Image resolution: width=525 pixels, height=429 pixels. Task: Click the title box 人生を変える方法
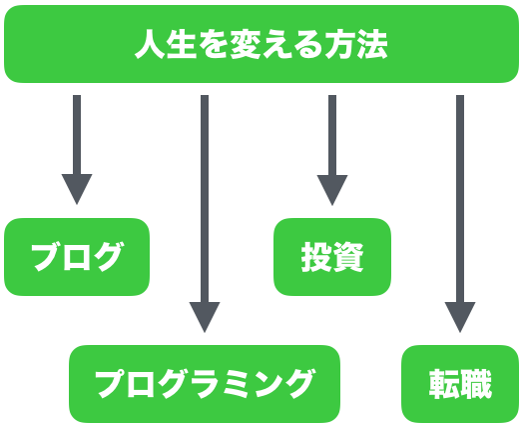[262, 44]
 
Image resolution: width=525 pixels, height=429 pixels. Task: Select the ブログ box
[77, 257]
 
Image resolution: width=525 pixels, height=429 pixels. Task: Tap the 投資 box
[332, 257]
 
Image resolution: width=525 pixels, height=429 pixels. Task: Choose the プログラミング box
[205, 384]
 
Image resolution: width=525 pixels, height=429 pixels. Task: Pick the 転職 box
[460, 384]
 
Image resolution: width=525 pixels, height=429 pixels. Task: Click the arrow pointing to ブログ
[77, 150]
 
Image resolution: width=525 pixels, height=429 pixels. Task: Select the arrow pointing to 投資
[332, 150]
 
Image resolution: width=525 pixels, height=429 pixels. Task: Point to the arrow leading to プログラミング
[205, 214]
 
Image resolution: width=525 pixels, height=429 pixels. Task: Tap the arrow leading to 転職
[460, 214]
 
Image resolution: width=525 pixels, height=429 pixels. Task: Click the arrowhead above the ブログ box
[77, 187]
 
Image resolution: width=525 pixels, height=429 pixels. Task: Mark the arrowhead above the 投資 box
[332, 188]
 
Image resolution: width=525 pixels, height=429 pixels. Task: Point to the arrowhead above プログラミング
[205, 315]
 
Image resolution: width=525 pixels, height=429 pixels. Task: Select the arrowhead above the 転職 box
[460, 315]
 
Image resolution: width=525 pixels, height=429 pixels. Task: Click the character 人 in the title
[150, 44]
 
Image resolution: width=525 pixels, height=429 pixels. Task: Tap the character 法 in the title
[372, 44]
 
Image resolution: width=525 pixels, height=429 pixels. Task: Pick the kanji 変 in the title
[246, 44]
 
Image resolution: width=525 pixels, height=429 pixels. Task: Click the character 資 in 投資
[348, 257]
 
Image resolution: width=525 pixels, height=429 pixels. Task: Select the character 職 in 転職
[476, 384]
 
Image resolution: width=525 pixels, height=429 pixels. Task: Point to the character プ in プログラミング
[111, 384]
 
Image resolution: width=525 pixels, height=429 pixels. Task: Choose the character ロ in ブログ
[76, 258]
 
